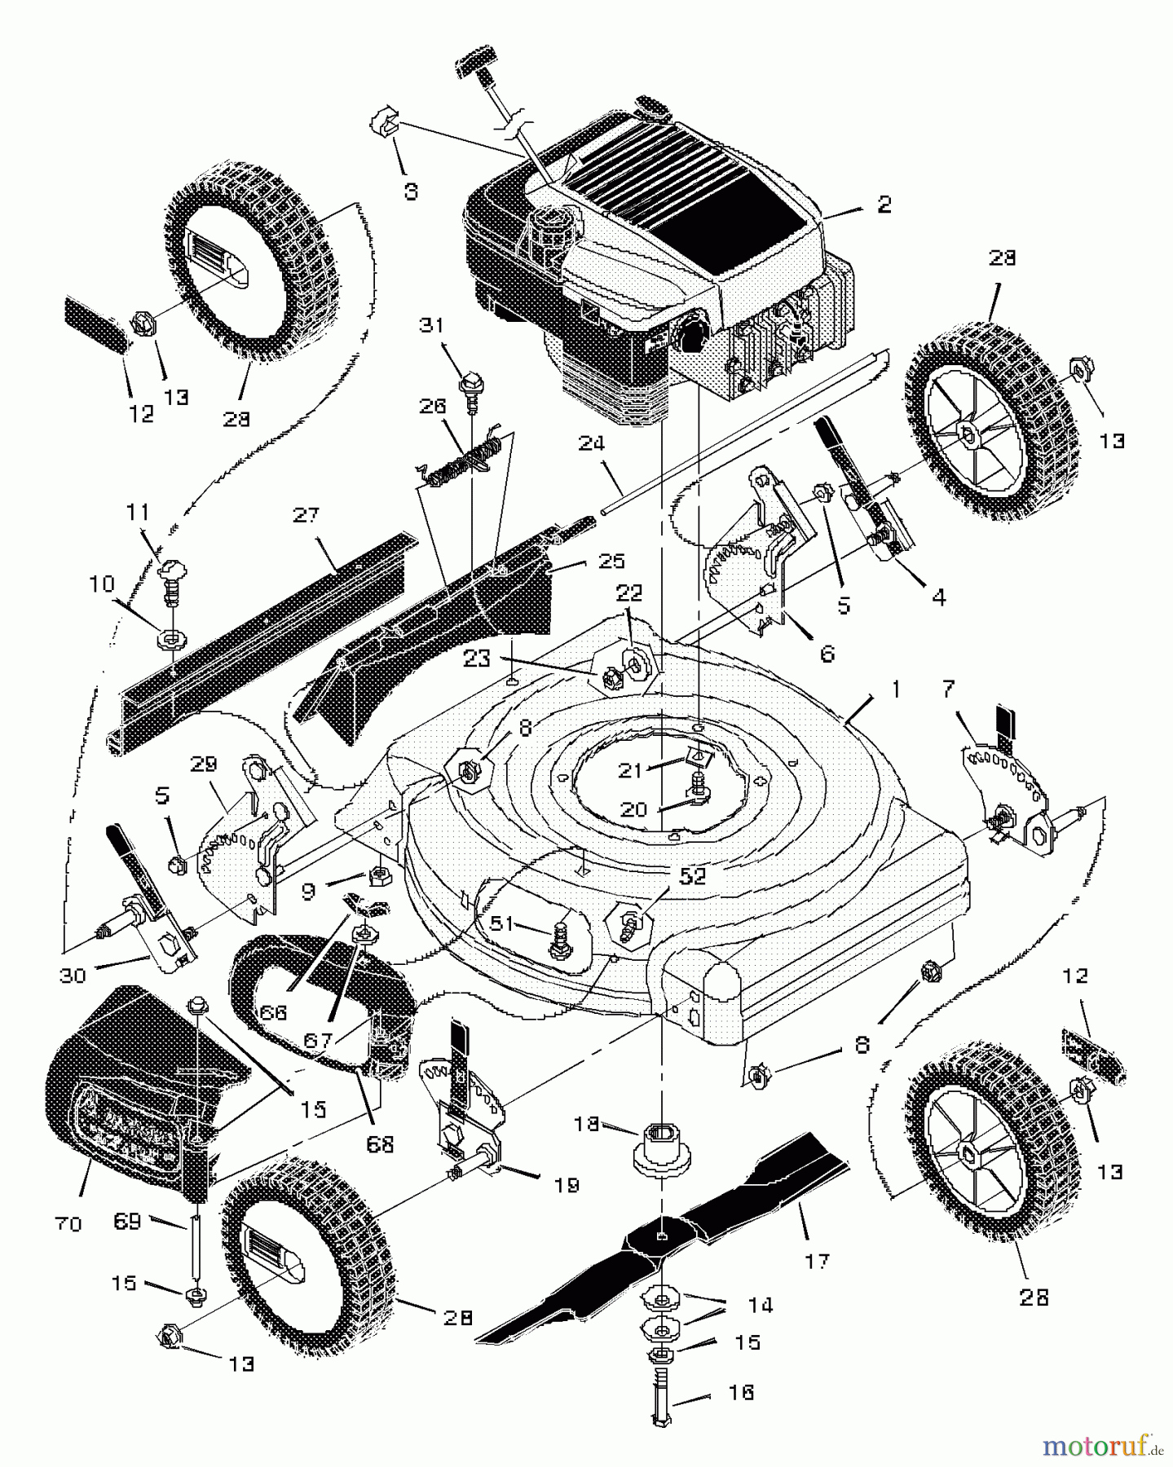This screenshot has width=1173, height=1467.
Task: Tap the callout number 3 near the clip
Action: point(411,192)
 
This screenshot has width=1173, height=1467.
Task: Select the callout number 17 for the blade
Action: point(817,1261)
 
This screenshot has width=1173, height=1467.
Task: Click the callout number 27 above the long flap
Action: point(306,515)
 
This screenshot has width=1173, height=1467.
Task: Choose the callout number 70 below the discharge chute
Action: point(71,1223)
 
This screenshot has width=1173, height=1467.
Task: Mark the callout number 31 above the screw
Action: point(432,325)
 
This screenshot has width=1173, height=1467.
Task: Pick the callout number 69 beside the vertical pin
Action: point(128,1221)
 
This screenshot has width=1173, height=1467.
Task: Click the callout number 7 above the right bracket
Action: point(947,690)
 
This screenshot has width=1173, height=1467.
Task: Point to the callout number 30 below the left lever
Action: point(73,975)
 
